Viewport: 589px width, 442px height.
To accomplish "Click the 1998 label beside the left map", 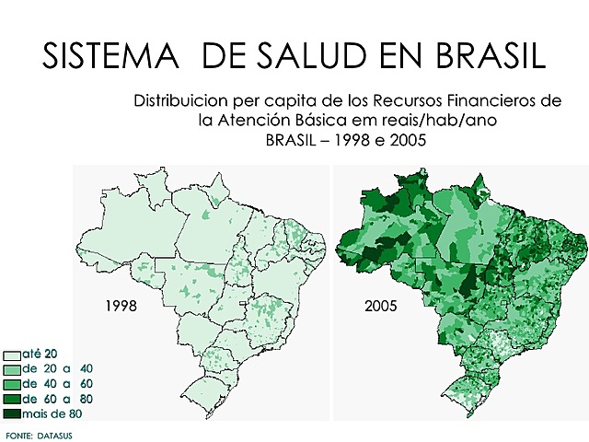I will (x=122, y=305).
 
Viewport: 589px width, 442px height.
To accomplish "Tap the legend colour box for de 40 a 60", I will (x=12, y=384).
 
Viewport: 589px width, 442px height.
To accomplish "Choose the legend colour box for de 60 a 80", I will (x=12, y=399).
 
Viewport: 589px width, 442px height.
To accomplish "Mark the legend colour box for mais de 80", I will (x=12, y=413).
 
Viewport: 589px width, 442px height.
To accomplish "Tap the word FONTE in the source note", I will (x=19, y=434).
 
